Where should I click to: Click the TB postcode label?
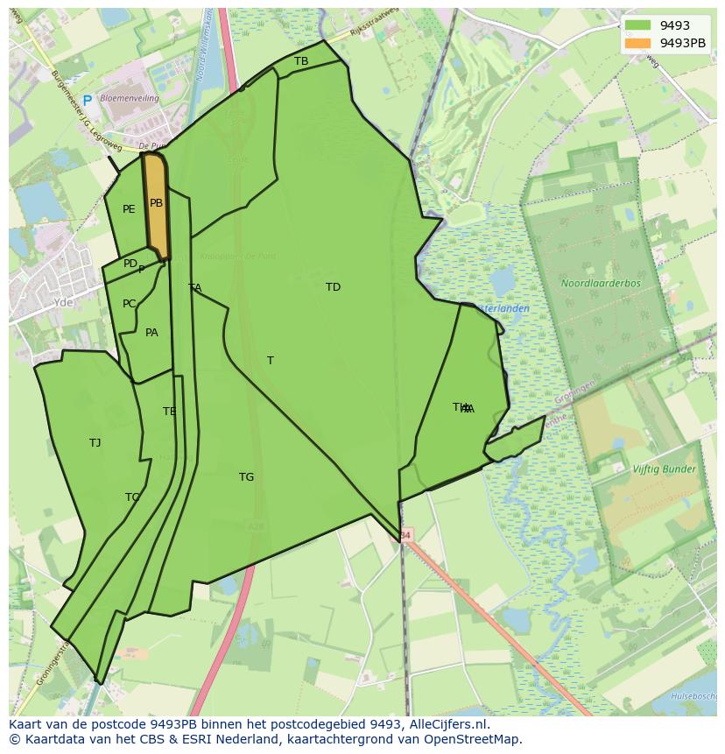pyautogui.click(x=301, y=61)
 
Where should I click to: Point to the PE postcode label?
pyautogui.click(x=129, y=209)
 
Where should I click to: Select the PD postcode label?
pyautogui.click(x=130, y=264)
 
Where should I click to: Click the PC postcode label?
pyautogui.click(x=129, y=304)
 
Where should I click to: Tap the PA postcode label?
pyautogui.click(x=151, y=333)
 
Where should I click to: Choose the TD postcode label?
pyautogui.click(x=333, y=287)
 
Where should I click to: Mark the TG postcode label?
pyautogui.click(x=246, y=477)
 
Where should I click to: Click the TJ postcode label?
pyautogui.click(x=95, y=443)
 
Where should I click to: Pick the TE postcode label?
pyautogui.click(x=169, y=412)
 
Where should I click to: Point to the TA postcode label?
pyautogui.click(x=194, y=288)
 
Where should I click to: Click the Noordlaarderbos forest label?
pyautogui.click(x=601, y=284)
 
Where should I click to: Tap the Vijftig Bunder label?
pyautogui.click(x=664, y=469)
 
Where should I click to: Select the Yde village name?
pyautogui.click(x=63, y=302)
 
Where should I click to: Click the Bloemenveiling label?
pyautogui.click(x=130, y=99)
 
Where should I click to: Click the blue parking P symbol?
pyautogui.click(x=87, y=101)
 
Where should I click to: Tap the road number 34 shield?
pyautogui.click(x=405, y=534)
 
